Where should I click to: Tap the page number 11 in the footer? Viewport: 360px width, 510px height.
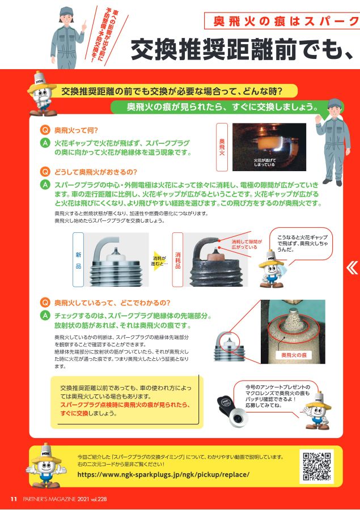click(14, 499)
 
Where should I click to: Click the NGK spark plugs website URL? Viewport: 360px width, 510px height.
click(163, 474)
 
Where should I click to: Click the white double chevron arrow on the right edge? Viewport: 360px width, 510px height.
click(352, 268)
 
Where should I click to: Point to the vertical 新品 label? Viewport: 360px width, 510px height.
click(78, 260)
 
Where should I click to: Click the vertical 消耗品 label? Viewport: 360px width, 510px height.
click(177, 260)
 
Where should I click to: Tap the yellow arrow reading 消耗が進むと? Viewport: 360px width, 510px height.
click(160, 261)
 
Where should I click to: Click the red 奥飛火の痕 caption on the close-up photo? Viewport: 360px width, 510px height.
click(294, 355)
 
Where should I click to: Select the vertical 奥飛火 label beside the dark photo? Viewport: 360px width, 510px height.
click(222, 147)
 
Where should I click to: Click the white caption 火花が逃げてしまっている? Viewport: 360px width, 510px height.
click(265, 162)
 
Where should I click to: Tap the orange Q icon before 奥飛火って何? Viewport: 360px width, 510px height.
click(45, 130)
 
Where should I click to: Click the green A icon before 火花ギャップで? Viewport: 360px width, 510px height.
click(45, 143)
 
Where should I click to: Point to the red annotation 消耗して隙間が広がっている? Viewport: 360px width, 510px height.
click(247, 244)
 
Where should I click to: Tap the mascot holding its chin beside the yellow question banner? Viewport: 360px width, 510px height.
click(41, 93)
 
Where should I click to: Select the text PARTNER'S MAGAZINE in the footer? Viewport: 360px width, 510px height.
click(49, 499)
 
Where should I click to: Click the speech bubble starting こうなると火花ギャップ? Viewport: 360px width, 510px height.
click(301, 244)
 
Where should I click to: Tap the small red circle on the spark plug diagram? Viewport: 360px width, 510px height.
click(229, 342)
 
